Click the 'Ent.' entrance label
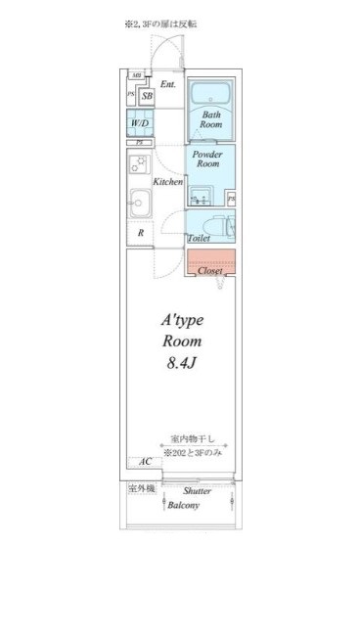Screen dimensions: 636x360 point(168,84)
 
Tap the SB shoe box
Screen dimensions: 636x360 point(147,96)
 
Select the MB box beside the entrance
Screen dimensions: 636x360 point(137,75)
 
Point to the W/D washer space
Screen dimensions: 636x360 point(140,124)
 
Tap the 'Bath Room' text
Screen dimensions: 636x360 point(211,119)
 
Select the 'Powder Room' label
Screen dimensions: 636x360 point(206,159)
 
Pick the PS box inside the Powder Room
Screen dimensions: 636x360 point(231,199)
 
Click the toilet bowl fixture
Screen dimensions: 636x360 point(217,225)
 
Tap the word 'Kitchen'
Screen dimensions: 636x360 point(168,183)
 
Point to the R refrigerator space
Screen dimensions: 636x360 point(141,233)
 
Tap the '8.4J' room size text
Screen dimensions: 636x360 point(181,365)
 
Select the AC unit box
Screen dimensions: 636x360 point(144,461)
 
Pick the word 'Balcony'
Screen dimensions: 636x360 point(183,505)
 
